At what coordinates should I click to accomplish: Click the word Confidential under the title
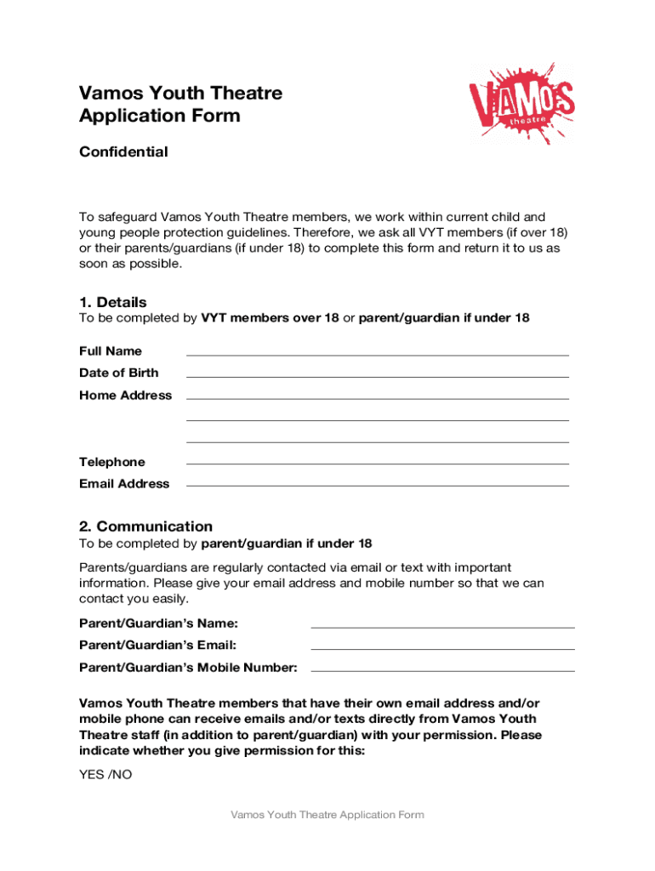click(x=123, y=152)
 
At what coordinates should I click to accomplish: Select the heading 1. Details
click(x=112, y=302)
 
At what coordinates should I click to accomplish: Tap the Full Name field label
click(x=111, y=351)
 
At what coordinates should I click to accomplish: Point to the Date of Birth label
click(x=118, y=373)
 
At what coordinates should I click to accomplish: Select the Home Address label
click(x=125, y=396)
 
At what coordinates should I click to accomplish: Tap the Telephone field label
click(x=111, y=462)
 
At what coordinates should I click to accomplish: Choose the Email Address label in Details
click(x=124, y=484)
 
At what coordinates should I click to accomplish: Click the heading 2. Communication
click(x=145, y=526)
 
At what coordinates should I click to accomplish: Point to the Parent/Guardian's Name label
click(x=158, y=623)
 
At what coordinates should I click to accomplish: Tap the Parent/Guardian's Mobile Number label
click(x=188, y=668)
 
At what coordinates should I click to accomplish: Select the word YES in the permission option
click(x=92, y=775)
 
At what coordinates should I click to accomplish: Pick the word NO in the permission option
click(x=122, y=775)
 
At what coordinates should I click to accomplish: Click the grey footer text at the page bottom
click(x=327, y=815)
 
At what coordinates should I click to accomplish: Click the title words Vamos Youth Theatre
click(x=180, y=93)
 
